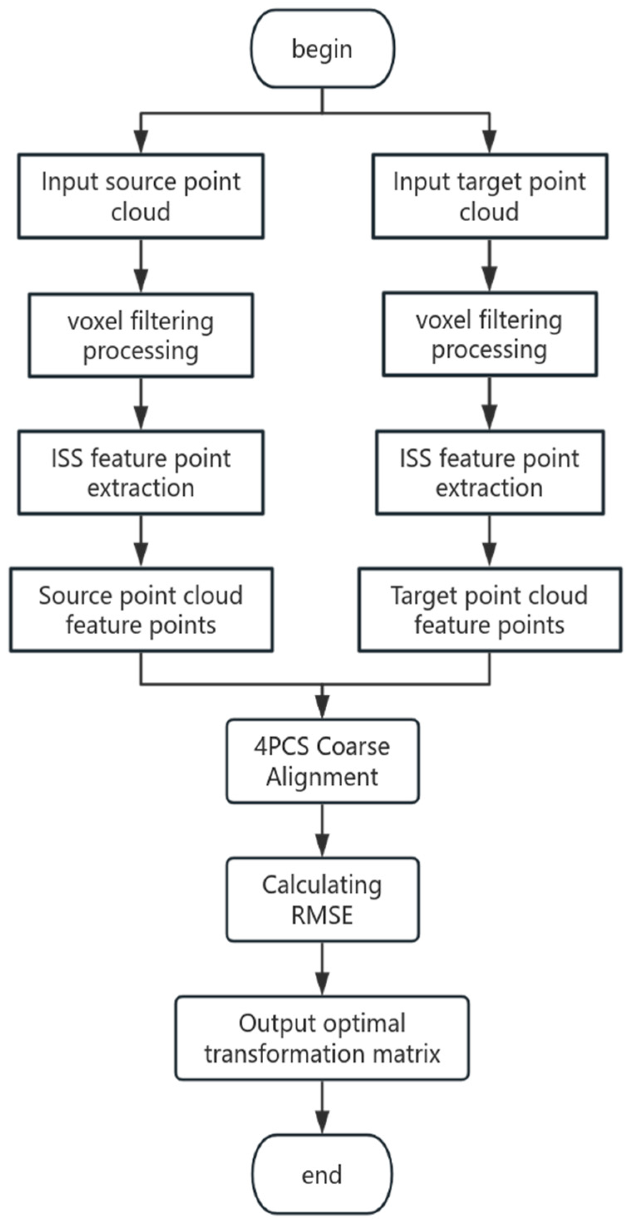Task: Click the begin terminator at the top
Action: coord(322,49)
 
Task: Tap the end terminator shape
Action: coord(322,1175)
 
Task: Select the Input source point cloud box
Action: coord(141,196)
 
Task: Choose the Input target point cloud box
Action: coord(490,196)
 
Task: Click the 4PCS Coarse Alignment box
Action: coord(322,761)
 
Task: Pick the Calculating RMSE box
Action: coord(322,899)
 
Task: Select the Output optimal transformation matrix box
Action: coord(322,1038)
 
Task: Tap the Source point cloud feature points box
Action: coord(141,610)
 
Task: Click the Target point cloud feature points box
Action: coord(490,610)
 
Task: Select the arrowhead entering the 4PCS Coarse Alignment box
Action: coord(322,709)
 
